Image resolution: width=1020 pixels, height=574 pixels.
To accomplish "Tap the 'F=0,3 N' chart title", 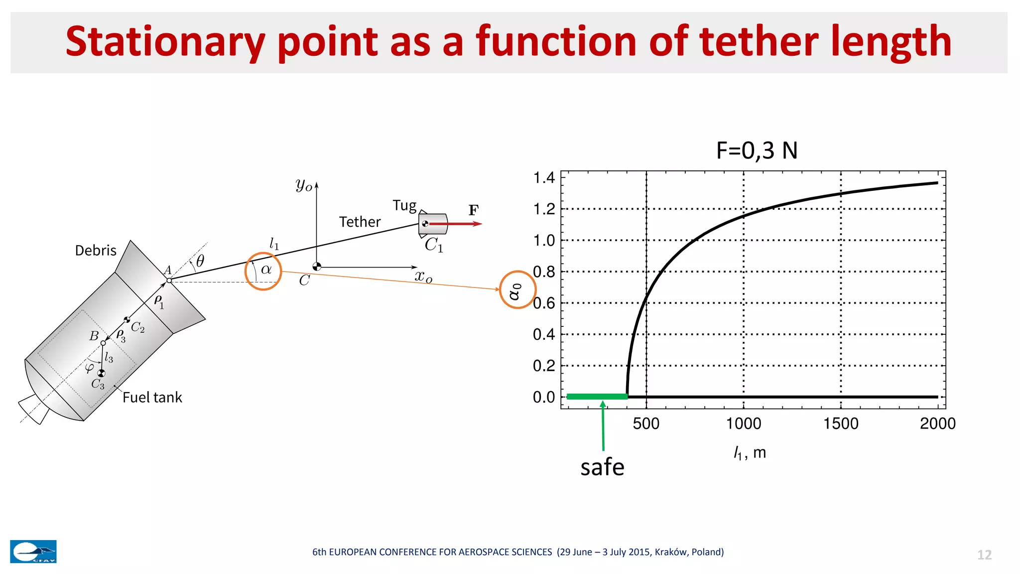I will (757, 150).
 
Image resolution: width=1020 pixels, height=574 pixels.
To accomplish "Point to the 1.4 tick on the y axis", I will (544, 177).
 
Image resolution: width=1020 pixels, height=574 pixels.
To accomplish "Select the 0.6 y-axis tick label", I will (544, 303).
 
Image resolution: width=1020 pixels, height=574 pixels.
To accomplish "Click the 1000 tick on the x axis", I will (743, 424).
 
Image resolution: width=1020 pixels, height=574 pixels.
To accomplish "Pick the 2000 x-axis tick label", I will (937, 424).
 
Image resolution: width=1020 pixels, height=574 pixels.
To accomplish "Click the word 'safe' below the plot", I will (602, 467).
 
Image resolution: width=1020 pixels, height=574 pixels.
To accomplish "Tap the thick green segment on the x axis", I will (597, 397).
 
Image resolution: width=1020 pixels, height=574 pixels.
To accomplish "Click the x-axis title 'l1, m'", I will (750, 453).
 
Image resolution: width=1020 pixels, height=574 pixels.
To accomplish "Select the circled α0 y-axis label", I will (517, 290).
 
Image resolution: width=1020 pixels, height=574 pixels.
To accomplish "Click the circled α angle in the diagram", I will (263, 272).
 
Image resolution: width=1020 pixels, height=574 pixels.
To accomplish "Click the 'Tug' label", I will (404, 206).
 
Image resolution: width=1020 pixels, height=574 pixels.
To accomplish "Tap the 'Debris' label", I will (96, 250).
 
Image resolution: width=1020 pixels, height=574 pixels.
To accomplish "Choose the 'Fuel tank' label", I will (152, 397).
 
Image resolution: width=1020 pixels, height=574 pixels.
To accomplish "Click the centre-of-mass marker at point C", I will (317, 267).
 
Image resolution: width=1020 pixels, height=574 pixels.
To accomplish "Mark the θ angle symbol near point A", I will (200, 261).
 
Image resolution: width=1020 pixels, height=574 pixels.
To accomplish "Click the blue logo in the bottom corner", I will (33, 552).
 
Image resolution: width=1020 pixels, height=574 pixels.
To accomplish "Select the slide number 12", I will (984, 555).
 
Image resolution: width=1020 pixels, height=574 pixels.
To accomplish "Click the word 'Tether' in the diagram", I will (360, 222).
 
